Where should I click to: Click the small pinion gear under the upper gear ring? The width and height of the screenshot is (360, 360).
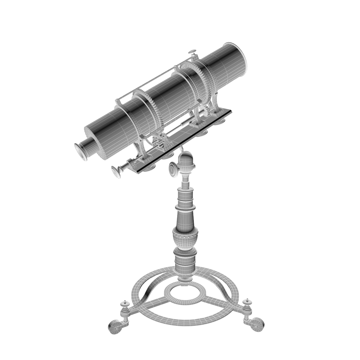207,113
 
